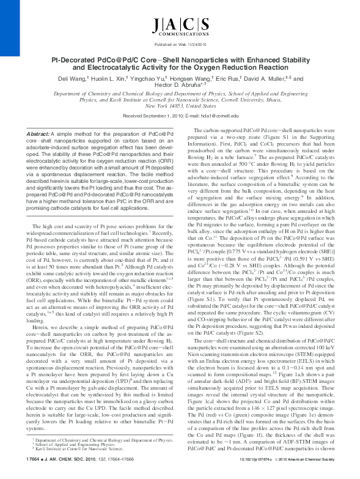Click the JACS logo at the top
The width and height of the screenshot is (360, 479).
pos(179,25)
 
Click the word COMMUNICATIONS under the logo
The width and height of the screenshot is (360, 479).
pos(179,36)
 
